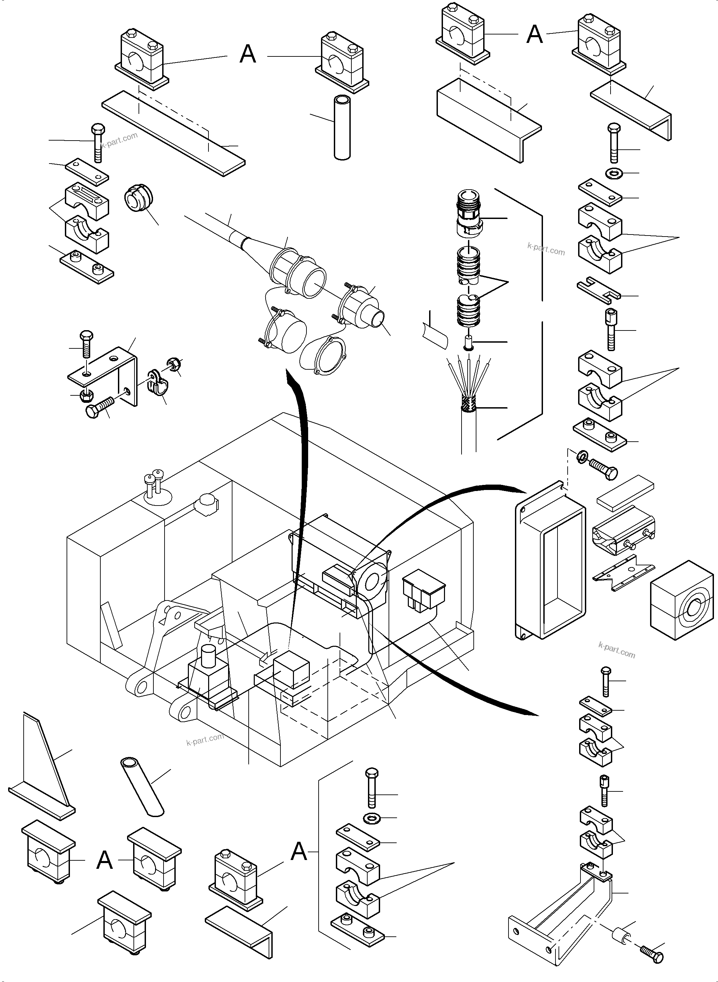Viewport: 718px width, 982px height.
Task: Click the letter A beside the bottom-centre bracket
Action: click(x=299, y=852)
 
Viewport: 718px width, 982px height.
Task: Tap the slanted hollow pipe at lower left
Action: click(x=142, y=787)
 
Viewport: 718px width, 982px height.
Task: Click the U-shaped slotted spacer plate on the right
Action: click(x=598, y=290)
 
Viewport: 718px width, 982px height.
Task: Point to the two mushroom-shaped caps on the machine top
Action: click(x=153, y=483)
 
